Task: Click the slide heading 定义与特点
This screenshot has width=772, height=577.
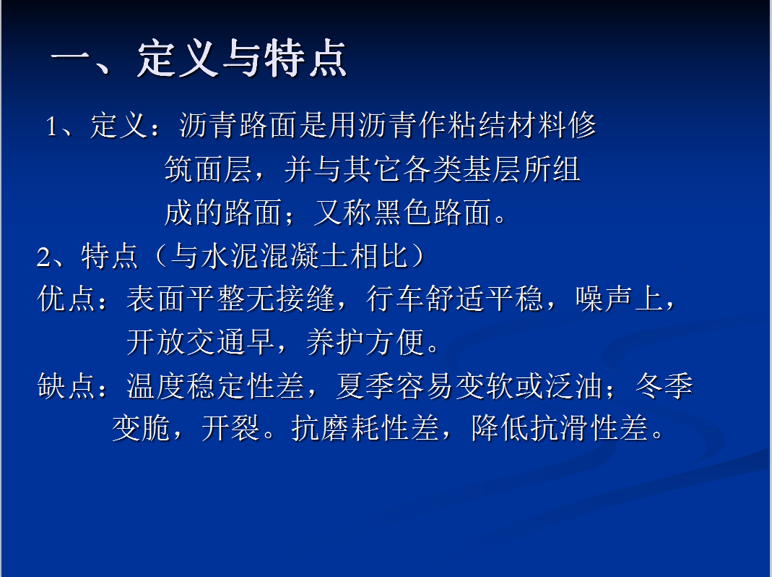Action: pyautogui.click(x=242, y=59)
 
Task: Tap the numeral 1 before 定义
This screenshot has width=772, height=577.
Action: pyautogui.click(x=51, y=127)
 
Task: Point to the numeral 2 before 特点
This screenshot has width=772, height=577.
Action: pyautogui.click(x=43, y=257)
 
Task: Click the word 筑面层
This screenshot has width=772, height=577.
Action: pyautogui.click(x=208, y=169)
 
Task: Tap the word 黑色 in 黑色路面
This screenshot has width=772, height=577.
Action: pyautogui.click(x=403, y=213)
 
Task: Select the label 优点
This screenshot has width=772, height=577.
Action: pyautogui.click(x=66, y=299)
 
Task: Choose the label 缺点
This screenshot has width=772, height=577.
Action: pyautogui.click(x=66, y=385)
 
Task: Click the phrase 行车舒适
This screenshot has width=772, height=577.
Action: pyautogui.click(x=425, y=299)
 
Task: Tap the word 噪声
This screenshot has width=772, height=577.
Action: pyautogui.click(x=604, y=299)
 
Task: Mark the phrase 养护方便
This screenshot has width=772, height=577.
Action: pyautogui.click(x=365, y=342)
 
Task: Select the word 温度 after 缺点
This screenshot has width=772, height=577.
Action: pyautogui.click(x=156, y=385)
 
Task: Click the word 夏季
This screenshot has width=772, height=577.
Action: pyautogui.click(x=365, y=385)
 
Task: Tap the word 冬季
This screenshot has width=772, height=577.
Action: pyautogui.click(x=664, y=385)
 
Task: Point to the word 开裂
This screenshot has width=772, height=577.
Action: pyautogui.click(x=230, y=428)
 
